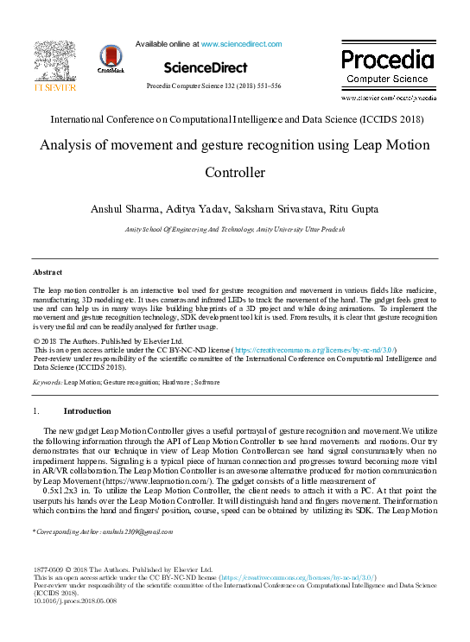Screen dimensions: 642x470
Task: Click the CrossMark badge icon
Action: pos(111,59)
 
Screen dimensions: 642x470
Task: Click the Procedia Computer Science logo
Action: pos(386,66)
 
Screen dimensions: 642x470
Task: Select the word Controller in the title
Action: pos(234,173)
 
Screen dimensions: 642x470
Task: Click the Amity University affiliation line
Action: pos(235,228)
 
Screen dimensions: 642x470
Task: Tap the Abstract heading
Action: pos(47,272)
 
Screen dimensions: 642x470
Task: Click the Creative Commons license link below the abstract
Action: pos(321,350)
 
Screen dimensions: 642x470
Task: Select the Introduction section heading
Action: pos(87,411)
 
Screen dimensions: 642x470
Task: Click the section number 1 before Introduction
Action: pos(35,411)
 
